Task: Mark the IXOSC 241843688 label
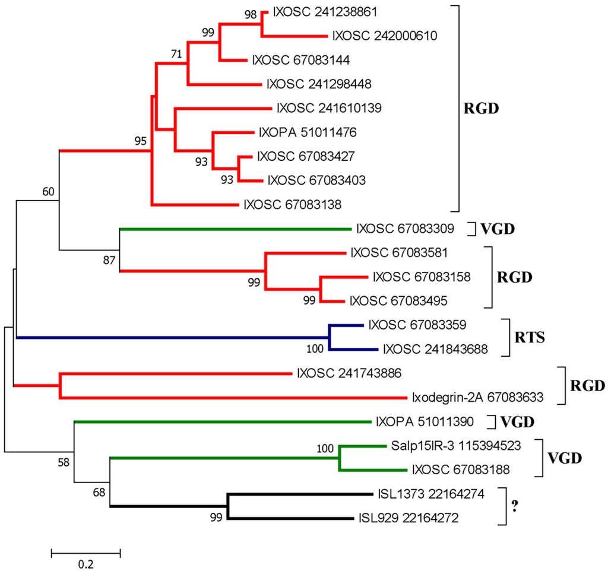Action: (435, 350)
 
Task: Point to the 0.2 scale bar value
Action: (86, 562)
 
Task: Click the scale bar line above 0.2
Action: (86, 553)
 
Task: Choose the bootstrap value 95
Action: (140, 141)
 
